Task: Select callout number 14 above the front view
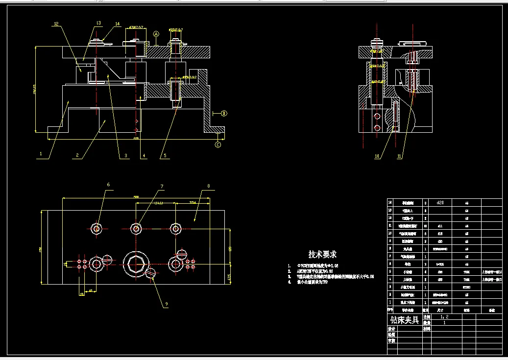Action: [117, 24]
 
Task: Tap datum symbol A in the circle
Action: [156, 34]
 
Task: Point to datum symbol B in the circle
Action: [224, 114]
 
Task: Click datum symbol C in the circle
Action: [218, 144]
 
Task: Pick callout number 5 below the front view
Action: [165, 156]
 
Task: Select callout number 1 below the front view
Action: [41, 153]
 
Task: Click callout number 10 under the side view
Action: [377, 156]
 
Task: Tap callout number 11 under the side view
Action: [399, 156]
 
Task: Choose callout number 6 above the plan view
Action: [108, 185]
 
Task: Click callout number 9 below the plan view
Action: [166, 304]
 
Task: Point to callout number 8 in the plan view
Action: [208, 186]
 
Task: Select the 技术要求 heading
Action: [322, 254]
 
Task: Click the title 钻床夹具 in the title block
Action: [404, 320]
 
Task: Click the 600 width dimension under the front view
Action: [136, 139]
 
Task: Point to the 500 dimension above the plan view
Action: [136, 197]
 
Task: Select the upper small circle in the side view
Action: [377, 116]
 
